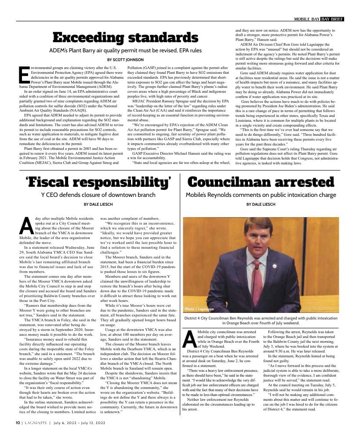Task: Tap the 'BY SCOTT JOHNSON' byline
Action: click(x=125, y=59)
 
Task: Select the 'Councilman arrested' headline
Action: click(x=261, y=182)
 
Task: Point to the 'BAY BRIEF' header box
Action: click(x=332, y=19)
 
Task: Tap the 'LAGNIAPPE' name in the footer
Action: click(x=34, y=423)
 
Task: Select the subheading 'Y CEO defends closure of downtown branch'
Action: click(x=98, y=195)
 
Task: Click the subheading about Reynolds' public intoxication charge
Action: click(x=261, y=195)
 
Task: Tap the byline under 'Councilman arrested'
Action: click(x=261, y=204)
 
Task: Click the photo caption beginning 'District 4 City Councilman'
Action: click(x=261, y=320)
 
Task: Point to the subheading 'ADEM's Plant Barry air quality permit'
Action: click(x=125, y=51)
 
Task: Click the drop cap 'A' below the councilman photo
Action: click(x=189, y=338)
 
